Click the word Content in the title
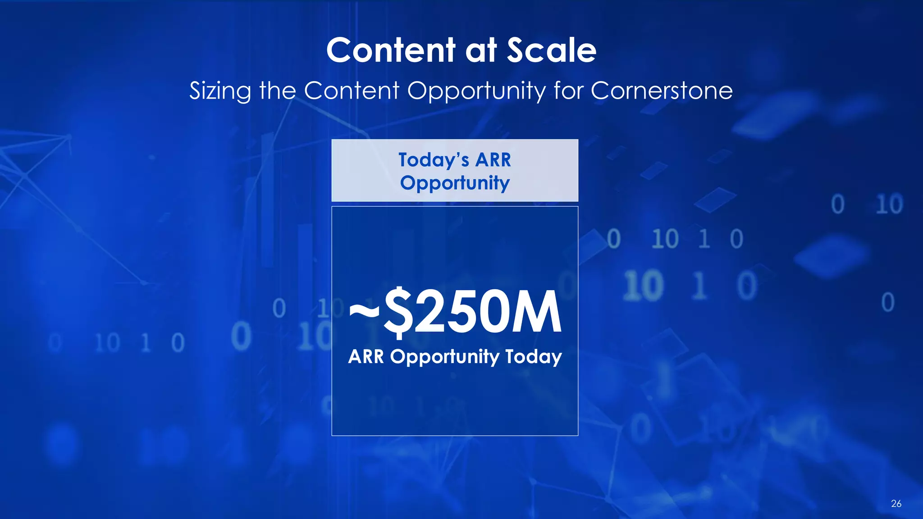tap(391, 50)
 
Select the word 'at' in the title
tap(480, 50)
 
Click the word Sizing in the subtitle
tap(220, 91)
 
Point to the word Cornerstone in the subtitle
tap(661, 91)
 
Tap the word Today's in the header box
tap(434, 160)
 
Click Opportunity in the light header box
tap(455, 183)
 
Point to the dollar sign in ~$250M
tap(398, 312)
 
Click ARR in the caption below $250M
tap(366, 357)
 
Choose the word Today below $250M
tap(533, 357)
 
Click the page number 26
tap(896, 504)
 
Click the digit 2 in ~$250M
tap(430, 312)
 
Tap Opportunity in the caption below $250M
tap(444, 357)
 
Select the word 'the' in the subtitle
tap(277, 91)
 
